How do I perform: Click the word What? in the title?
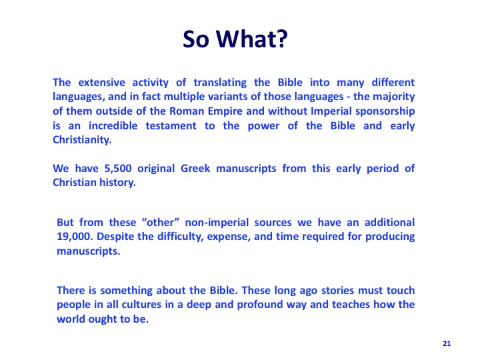[x=252, y=39]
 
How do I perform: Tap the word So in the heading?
[x=196, y=39]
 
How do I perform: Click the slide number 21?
[x=447, y=343]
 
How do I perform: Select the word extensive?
[x=101, y=83]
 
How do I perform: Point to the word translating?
[x=220, y=83]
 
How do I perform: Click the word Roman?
[x=187, y=111]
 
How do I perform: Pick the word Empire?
[x=225, y=111]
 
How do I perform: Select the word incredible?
[x=113, y=125]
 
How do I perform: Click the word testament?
[x=171, y=126]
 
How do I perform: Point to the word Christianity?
[x=82, y=140]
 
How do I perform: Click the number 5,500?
[x=118, y=169]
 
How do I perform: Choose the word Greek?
[x=195, y=169]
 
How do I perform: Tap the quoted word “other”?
[x=161, y=222]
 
